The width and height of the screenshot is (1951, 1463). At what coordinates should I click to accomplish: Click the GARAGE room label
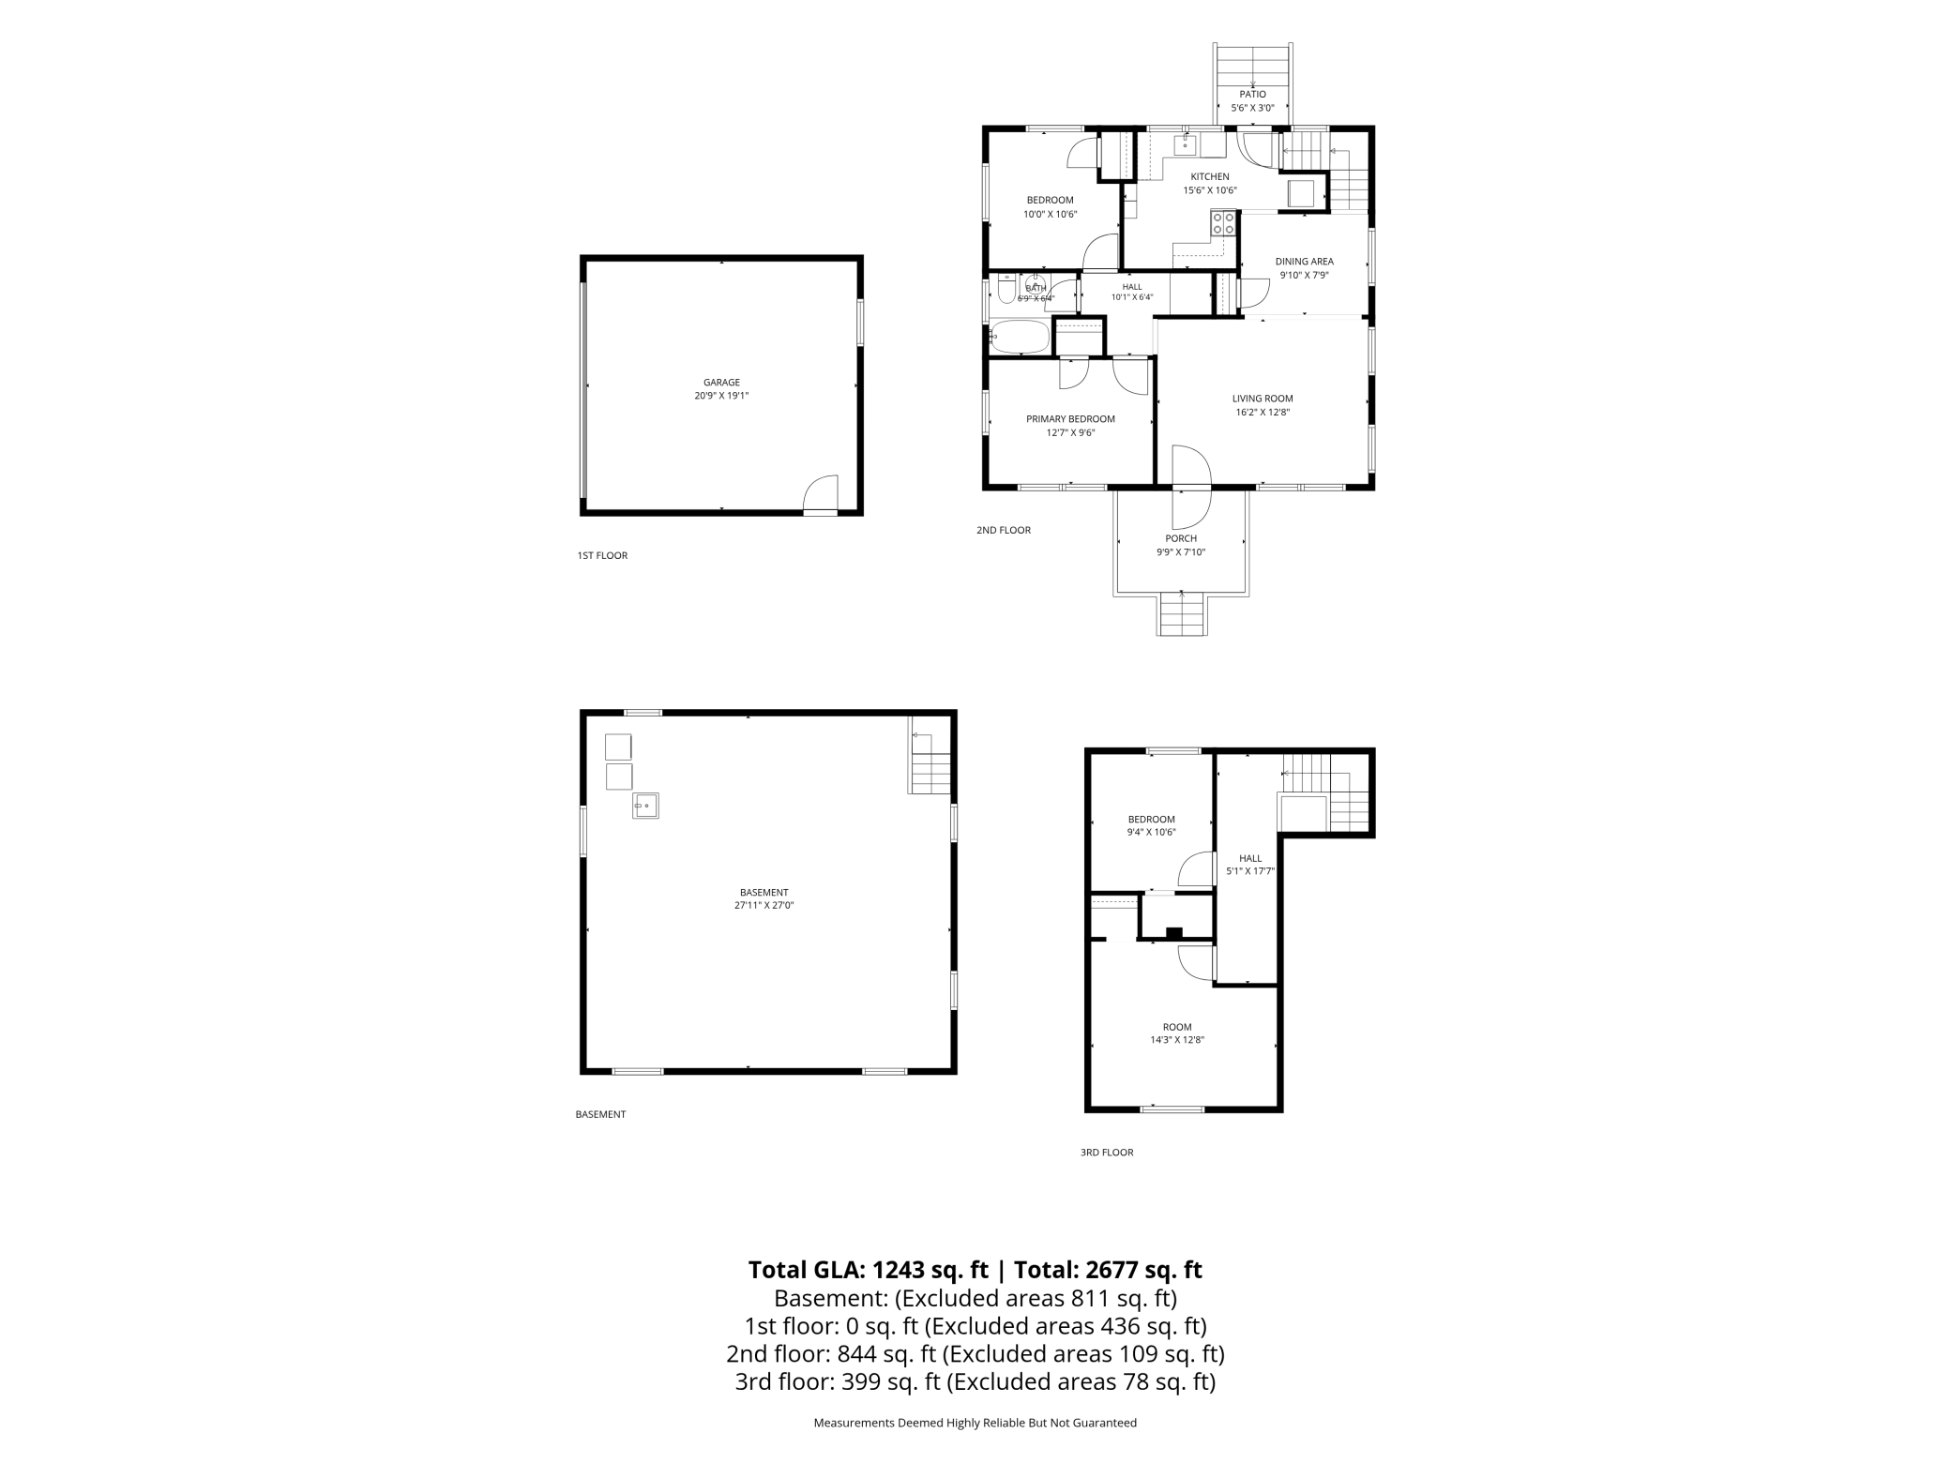point(721,383)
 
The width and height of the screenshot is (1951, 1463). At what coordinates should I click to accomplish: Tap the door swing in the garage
point(821,493)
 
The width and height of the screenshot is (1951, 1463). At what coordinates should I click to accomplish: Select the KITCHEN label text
point(1210,176)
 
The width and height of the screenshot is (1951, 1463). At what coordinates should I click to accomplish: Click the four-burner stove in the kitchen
point(1223,223)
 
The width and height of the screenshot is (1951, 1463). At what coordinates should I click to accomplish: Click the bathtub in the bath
point(1020,337)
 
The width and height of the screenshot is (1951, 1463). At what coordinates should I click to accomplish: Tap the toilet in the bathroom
point(1006,290)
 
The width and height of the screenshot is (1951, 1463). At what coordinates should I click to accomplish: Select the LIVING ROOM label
point(1263,399)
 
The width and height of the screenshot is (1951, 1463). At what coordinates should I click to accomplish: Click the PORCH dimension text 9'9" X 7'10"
point(1181,552)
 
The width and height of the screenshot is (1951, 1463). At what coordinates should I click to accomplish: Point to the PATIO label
point(1252,94)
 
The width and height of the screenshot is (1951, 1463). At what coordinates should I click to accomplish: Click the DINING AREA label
point(1304,262)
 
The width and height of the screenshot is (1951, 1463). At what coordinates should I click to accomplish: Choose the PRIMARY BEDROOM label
point(1070,419)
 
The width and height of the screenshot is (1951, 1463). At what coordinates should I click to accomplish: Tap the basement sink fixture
point(645,806)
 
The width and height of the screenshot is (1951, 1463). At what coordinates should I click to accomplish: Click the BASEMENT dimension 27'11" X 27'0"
point(764,906)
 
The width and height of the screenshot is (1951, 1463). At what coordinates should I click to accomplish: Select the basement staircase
point(930,763)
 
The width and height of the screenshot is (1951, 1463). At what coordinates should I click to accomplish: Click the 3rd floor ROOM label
point(1177,1027)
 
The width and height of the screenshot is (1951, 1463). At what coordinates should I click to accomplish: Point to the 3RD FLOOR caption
point(1107,1153)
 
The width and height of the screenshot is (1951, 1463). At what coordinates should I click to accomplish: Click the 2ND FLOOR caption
point(1004,531)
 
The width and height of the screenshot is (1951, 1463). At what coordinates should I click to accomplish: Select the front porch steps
point(1182,614)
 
